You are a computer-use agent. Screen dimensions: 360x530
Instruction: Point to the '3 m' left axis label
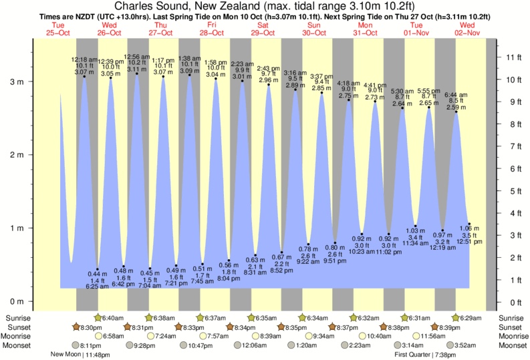(15, 81)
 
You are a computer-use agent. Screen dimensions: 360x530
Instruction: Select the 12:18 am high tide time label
(85, 59)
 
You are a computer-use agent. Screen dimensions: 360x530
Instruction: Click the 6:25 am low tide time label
(98, 286)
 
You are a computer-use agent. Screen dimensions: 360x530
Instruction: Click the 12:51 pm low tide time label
(470, 242)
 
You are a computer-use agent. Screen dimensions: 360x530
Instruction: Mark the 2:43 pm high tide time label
(268, 67)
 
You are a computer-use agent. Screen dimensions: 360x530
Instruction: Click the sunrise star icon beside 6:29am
(456, 318)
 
